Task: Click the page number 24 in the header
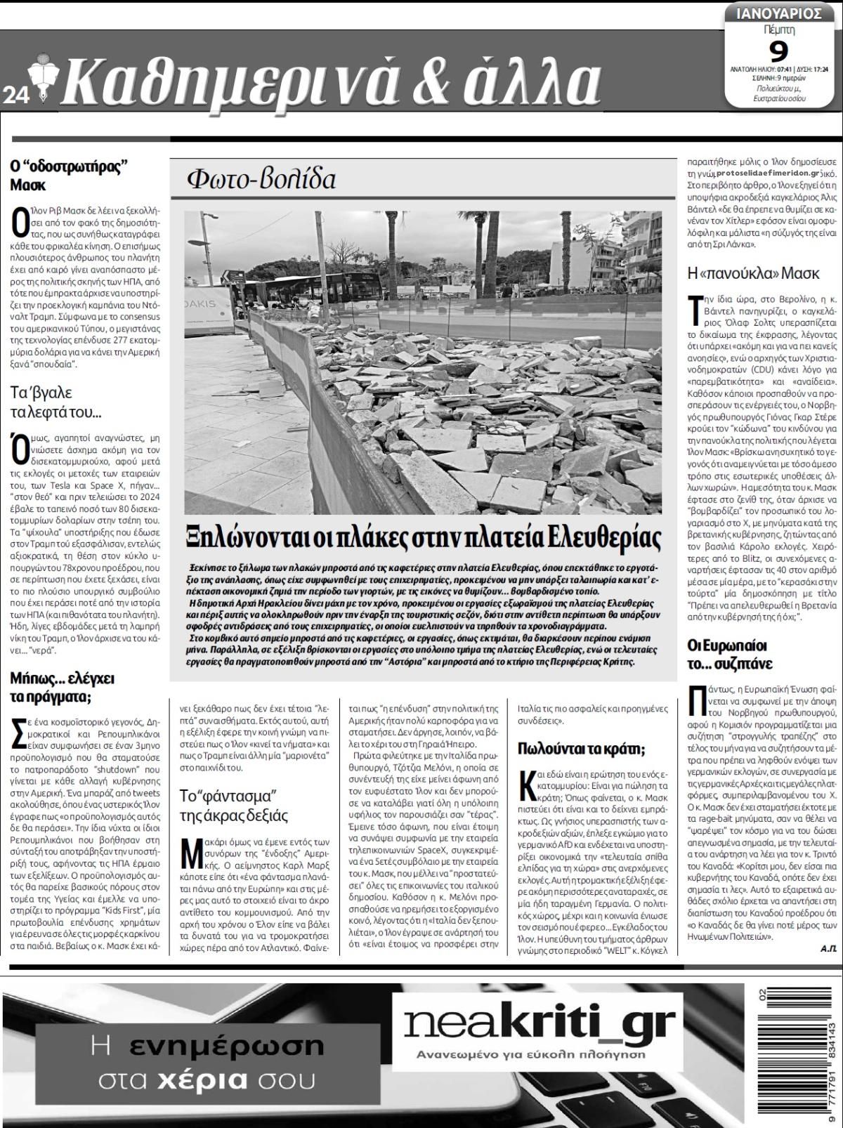pos(15,96)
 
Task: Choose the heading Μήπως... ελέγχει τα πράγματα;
pos(62,687)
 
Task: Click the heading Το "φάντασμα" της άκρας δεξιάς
pos(233,806)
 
